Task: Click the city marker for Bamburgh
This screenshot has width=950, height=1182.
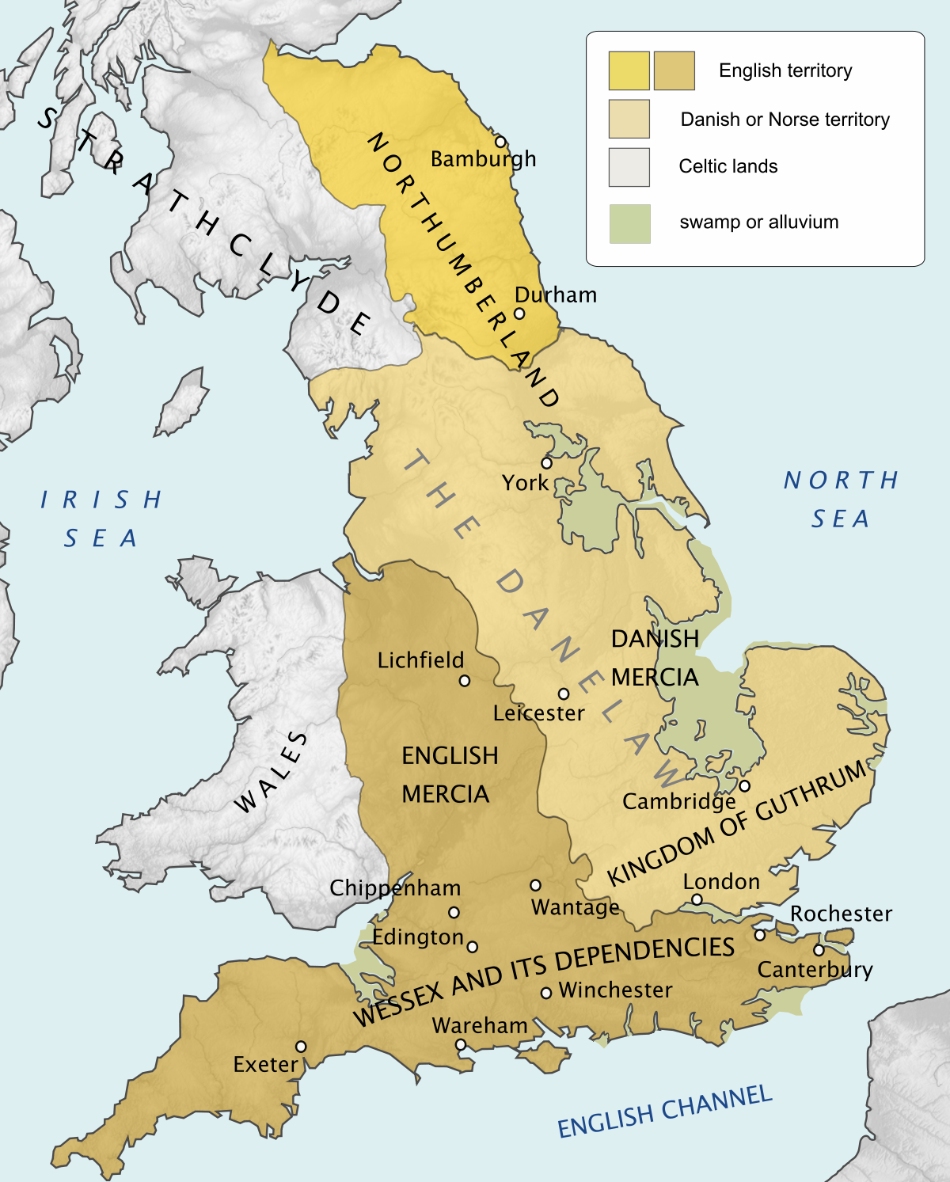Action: [500, 142]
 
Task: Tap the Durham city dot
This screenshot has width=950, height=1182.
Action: [519, 313]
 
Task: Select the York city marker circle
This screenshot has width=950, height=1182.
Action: [546, 463]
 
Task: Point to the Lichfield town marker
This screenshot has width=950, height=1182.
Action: [465, 680]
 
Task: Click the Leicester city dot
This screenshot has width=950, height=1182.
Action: [564, 694]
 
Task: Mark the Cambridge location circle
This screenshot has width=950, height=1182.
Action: [744, 786]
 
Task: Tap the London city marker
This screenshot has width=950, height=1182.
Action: [697, 899]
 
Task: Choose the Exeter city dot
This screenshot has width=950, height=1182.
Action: [301, 1047]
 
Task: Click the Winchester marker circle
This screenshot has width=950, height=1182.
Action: [545, 993]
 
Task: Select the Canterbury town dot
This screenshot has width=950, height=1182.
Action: [819, 950]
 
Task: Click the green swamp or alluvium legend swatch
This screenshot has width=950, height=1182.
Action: [629, 223]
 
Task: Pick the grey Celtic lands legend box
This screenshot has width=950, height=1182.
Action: [629, 167]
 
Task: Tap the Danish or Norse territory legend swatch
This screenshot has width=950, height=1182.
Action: [629, 119]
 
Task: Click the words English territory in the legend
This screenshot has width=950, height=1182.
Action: [785, 70]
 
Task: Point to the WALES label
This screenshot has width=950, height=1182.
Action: [272, 773]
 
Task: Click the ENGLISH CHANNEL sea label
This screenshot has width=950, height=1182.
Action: [664, 1111]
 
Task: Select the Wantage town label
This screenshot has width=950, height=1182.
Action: [575, 906]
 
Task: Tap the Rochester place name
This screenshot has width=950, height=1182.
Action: [841, 914]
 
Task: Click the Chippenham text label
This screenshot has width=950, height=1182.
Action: [395, 888]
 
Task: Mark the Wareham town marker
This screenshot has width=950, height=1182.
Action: [461, 1045]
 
